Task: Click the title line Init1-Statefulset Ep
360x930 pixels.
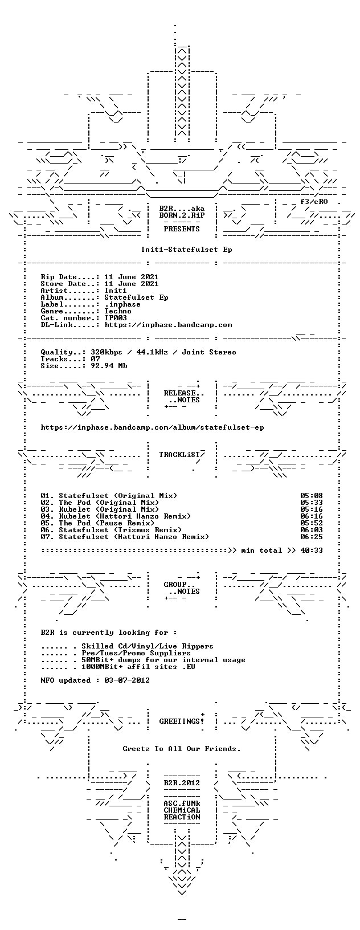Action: tap(186, 250)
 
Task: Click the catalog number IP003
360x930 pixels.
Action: tap(116, 318)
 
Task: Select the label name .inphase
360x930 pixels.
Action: tap(122, 304)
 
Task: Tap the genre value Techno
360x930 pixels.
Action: tap(118, 311)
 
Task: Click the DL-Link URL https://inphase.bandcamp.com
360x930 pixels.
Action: tap(168, 325)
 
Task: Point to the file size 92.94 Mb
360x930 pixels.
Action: tap(109, 366)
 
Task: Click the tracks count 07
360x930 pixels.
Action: tap(95, 359)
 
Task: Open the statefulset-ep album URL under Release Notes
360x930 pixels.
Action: tap(153, 427)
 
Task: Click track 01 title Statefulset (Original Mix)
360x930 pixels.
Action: tap(118, 496)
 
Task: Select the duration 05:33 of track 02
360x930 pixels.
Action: tap(312, 503)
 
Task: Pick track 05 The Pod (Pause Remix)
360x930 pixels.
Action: tap(107, 523)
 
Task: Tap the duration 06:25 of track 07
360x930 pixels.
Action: tap(312, 537)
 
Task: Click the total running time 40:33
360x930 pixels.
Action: tap(312, 550)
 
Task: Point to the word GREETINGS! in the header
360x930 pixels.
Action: tap(182, 721)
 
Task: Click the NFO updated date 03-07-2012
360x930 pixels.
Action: tap(127, 680)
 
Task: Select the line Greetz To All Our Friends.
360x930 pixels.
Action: tap(182, 749)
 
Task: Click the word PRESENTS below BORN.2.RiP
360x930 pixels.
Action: tap(182, 229)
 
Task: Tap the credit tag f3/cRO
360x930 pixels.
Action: tap(314, 202)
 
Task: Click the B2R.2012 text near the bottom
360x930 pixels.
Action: tap(182, 783)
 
